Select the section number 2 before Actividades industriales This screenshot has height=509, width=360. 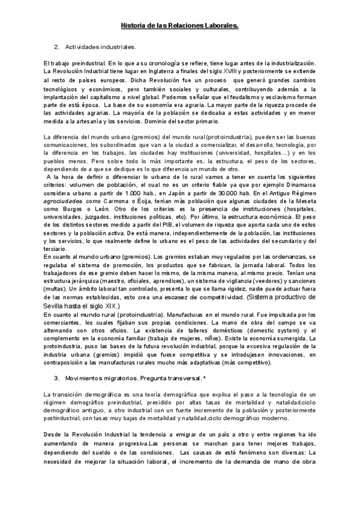[x=56, y=46]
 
